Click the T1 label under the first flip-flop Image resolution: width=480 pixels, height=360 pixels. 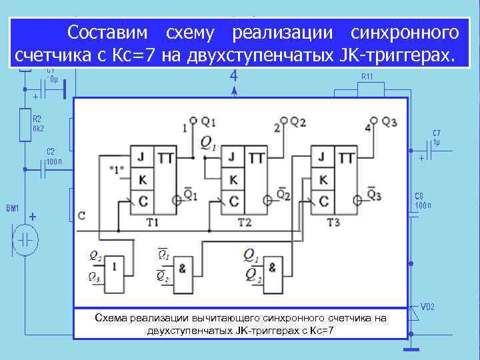pos(152,221)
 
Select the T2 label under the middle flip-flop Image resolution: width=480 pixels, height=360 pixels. pos(243,221)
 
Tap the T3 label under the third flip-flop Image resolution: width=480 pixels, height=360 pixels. pos(334,221)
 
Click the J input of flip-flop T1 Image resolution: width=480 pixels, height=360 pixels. pos(141,158)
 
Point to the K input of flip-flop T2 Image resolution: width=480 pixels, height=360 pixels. pos(233,179)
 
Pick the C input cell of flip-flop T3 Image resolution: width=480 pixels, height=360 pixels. pos(323,200)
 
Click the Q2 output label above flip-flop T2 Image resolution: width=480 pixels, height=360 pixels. pos(297,122)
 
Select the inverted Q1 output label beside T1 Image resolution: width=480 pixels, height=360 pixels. pos(190,195)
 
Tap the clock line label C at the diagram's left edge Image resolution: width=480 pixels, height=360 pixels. pos(81,216)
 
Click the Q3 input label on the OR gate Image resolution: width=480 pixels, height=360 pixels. pos(95,279)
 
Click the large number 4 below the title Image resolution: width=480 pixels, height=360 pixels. pos(233,77)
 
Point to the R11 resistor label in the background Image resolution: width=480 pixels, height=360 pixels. pos(367,77)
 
